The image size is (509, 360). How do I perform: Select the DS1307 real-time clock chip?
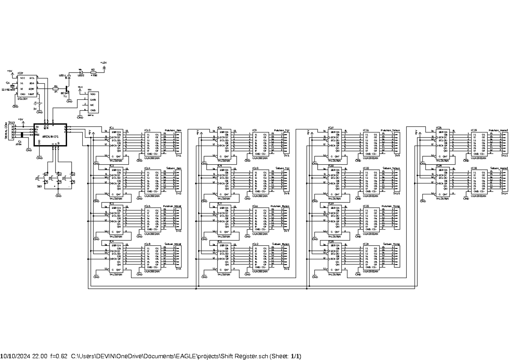pos(26,87)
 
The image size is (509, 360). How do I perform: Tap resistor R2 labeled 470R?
pos(93,73)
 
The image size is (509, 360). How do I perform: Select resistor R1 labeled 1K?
pos(56,88)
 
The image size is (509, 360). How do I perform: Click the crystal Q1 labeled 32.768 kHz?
pos(13,87)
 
